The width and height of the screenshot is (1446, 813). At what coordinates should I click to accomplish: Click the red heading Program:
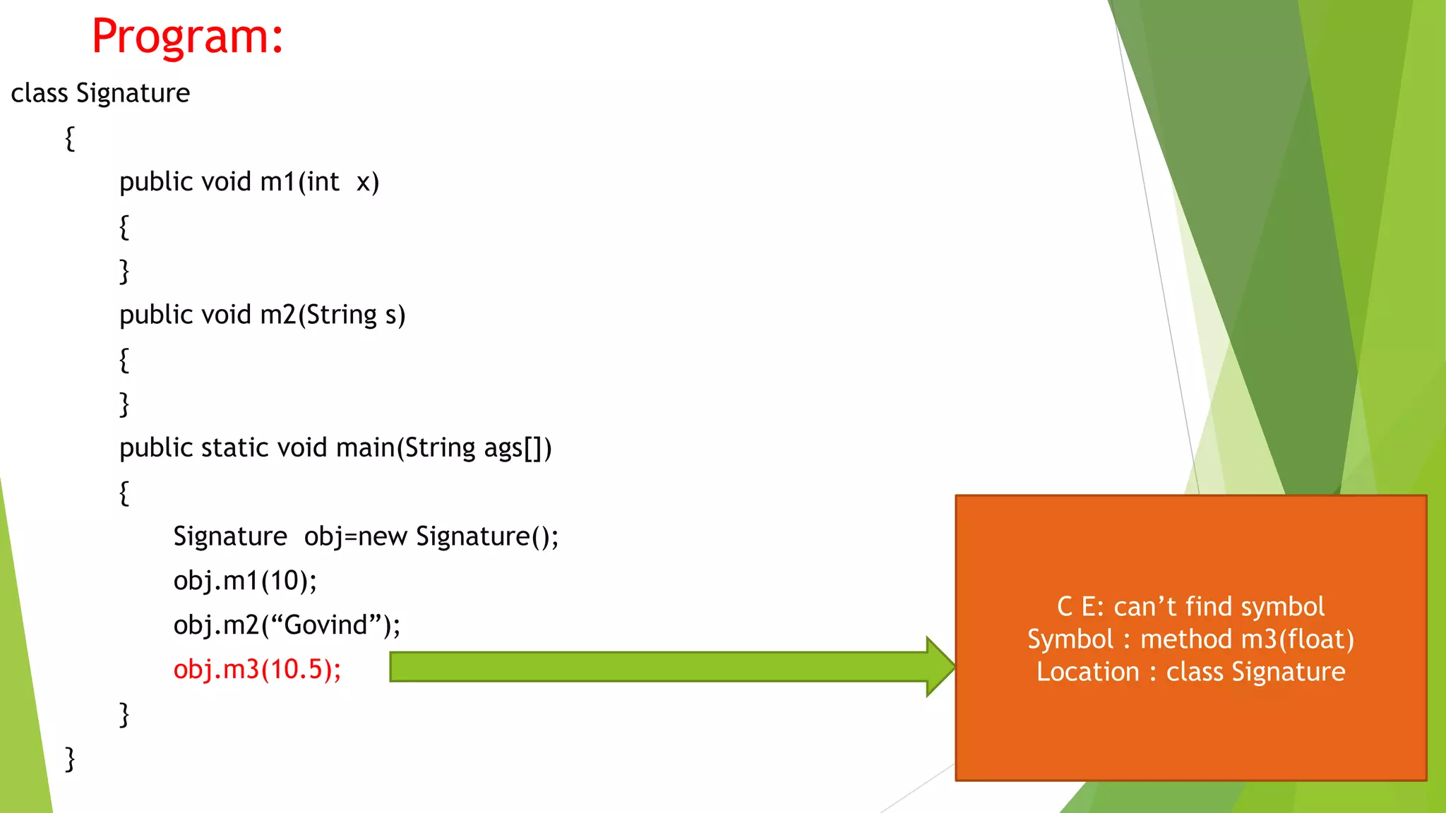coord(187,37)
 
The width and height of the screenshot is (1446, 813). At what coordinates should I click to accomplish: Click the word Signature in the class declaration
coord(133,93)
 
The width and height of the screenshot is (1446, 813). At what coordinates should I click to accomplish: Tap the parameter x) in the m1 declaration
coord(368,182)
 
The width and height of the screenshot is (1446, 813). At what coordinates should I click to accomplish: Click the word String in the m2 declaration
coord(342,315)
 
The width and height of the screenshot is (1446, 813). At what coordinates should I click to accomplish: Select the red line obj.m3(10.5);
coord(257,669)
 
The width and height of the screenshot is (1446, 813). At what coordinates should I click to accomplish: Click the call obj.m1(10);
coord(245,581)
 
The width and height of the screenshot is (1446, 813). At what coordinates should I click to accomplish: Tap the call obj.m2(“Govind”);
coord(287,625)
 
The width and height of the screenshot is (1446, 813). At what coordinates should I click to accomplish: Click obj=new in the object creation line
coord(355,537)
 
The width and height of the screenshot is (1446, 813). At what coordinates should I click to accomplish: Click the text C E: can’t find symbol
coord(1190,607)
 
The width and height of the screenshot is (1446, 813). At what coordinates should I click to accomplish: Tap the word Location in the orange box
coord(1087,672)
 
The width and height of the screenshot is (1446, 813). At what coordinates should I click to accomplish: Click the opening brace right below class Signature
coord(70,138)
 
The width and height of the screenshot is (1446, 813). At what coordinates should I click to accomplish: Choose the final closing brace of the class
coord(70,759)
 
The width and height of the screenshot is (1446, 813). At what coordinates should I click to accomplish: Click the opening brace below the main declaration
coord(124,493)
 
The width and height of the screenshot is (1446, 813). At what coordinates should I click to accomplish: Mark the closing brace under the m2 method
coord(124,404)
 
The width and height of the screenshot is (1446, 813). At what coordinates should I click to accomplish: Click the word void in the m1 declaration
coord(226,182)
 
